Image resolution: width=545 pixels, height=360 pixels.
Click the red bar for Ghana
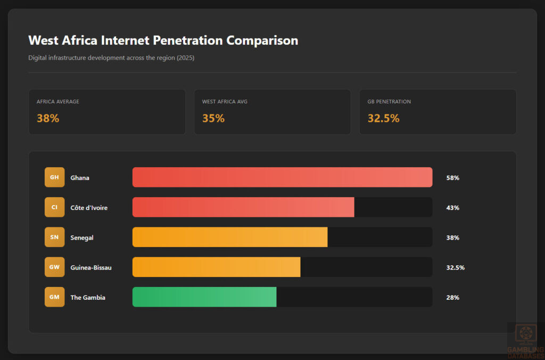tap(282, 177)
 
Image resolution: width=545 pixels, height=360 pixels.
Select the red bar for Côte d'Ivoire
tap(243, 207)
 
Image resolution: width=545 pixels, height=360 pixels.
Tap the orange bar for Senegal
tap(230, 237)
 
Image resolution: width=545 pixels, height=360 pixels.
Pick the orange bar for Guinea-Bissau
tap(216, 267)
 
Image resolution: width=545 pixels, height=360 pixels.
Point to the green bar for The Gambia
tap(204, 297)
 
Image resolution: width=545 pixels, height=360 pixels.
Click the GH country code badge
tap(54, 177)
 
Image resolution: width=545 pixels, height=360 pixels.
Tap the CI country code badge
tap(54, 207)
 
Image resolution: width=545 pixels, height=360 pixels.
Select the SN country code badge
tap(54, 237)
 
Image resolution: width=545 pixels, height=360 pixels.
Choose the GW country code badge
tap(54, 267)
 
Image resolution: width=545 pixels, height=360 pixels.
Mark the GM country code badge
tap(54, 297)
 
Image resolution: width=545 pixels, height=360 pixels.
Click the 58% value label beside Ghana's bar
tap(452, 178)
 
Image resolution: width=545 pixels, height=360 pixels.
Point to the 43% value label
tap(452, 208)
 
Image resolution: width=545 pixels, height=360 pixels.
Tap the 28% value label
tap(452, 298)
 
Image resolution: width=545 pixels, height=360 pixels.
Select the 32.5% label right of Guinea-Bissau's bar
tap(455, 267)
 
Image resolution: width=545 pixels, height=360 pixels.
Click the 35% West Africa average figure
tap(213, 118)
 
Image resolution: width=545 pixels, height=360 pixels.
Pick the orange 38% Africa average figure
tap(48, 118)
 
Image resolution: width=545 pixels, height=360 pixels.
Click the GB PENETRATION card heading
tap(389, 102)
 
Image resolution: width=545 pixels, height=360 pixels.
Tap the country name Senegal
tap(82, 238)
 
